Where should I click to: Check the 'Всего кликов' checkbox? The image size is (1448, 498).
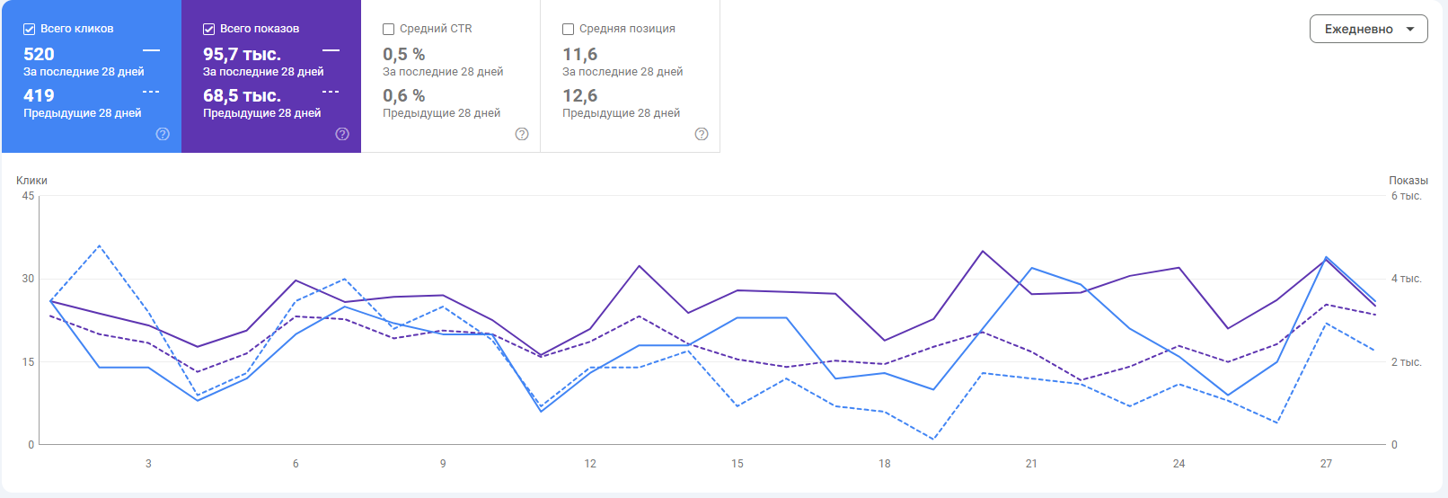[30, 29]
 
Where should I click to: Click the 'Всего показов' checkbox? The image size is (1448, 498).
[209, 29]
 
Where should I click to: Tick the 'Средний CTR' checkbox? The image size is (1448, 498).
[389, 29]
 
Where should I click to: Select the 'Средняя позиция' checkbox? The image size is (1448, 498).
[569, 29]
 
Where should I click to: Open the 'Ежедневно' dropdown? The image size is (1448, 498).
[1368, 29]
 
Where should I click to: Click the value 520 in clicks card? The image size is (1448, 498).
[39, 54]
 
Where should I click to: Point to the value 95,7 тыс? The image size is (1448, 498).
[242, 54]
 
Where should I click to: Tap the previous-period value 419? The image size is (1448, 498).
[39, 95]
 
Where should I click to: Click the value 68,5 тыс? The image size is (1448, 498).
[242, 95]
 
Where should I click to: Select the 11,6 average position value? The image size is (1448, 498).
[579, 54]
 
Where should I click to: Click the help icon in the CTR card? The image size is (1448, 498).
[522, 134]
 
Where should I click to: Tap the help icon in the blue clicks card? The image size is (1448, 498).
[163, 134]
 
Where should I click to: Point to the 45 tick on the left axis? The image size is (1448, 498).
[28, 196]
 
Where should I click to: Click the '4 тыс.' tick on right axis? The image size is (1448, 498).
[1406, 279]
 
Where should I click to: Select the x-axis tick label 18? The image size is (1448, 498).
[885, 464]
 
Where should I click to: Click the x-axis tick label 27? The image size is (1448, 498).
[1326, 464]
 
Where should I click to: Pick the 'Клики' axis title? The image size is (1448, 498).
[31, 181]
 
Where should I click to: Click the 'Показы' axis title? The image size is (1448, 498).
[1408, 181]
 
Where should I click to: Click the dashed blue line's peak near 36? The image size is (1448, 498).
[99, 245]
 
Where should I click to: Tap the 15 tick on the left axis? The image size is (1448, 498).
[28, 362]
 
